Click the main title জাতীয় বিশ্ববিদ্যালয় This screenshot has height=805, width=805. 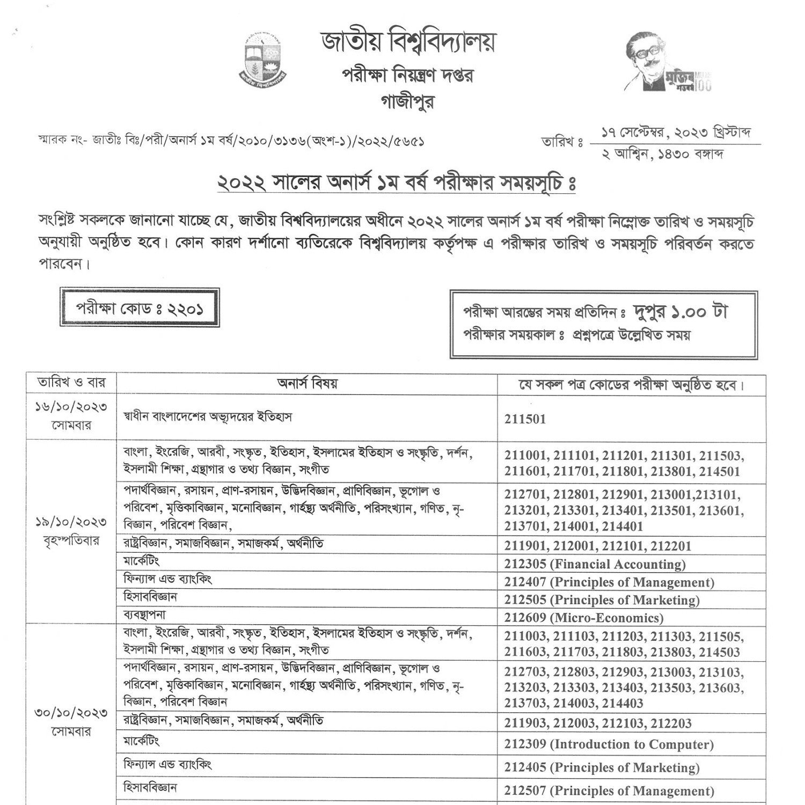pos(408,42)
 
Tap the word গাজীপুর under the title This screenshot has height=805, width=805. pos(407,101)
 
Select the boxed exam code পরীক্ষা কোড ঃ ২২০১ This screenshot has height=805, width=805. pos(140,308)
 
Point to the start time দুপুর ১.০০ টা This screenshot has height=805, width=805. pos(680,312)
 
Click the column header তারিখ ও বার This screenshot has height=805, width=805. pos(71,383)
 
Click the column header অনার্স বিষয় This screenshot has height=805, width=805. pos(307,384)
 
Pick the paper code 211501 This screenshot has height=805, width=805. pos(525,419)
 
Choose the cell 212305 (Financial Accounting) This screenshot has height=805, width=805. pos(595,564)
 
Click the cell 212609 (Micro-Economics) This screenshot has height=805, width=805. pos(583,618)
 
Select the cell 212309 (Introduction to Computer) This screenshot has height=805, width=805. pos(609,744)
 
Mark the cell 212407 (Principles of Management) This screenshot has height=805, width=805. pos(609,582)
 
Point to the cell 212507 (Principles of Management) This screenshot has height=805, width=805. pos(609,791)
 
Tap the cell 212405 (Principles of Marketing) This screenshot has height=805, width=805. pos(602,767)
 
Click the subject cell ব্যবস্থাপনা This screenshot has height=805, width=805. pos(144,615)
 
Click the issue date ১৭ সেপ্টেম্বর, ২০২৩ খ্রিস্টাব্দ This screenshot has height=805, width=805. pos(675,132)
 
